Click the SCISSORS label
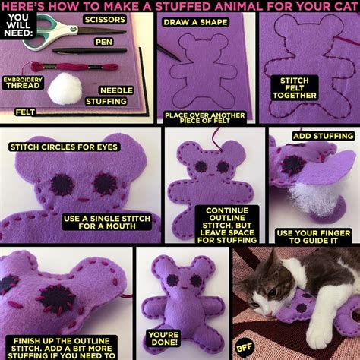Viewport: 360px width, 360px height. click(x=105, y=20)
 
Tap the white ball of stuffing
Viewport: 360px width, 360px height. click(x=65, y=89)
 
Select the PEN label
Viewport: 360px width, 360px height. click(x=104, y=42)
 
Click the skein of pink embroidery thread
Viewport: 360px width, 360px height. click(x=74, y=67)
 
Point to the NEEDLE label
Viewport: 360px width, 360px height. click(x=116, y=90)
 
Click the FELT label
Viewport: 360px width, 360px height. click(x=25, y=112)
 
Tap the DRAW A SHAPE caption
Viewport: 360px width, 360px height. click(x=195, y=22)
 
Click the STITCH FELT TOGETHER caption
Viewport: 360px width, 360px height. click(x=295, y=88)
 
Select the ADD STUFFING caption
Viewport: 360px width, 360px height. click(x=324, y=136)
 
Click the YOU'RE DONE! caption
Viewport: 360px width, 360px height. click(x=163, y=339)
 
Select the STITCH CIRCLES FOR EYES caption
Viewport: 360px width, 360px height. click(x=64, y=147)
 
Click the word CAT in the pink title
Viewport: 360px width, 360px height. click(x=346, y=6)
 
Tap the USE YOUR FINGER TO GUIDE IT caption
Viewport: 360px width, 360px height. click(x=314, y=237)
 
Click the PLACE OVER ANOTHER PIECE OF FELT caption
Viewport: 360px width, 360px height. click(x=205, y=118)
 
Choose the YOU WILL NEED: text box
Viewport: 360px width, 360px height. click(x=18, y=25)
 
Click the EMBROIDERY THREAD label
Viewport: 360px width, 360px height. click(x=23, y=83)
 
